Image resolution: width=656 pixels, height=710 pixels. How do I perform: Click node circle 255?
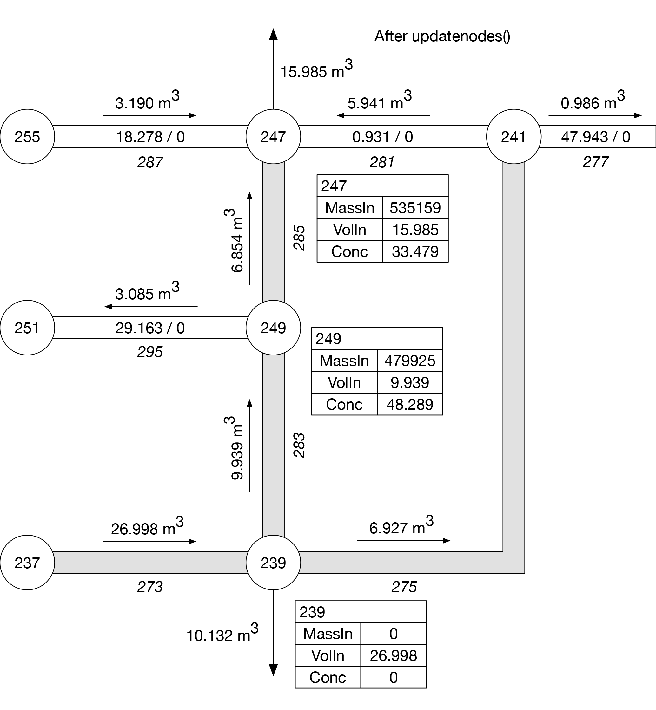(27, 137)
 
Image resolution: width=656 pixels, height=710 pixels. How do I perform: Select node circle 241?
(513, 137)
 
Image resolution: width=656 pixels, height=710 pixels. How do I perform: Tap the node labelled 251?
(27, 328)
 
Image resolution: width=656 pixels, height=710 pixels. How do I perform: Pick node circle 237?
(27, 563)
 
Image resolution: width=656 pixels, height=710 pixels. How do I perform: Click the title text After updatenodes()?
(442, 36)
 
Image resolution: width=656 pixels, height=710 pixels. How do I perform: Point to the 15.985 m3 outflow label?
(316, 70)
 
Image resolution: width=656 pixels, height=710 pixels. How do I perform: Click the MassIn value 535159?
(415, 208)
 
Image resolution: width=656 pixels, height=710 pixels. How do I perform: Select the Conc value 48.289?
(410, 404)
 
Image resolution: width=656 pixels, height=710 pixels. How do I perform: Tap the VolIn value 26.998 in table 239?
(393, 655)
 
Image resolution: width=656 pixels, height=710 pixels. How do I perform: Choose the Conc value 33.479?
(415, 251)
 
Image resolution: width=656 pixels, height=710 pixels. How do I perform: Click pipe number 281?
(381, 162)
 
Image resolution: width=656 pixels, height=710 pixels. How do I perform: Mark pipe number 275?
(404, 587)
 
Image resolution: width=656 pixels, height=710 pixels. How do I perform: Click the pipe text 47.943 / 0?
(595, 137)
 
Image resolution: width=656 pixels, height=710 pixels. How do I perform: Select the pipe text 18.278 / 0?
(150, 137)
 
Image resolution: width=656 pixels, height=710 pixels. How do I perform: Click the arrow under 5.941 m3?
(383, 115)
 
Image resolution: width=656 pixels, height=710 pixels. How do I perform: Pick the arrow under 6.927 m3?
(404, 540)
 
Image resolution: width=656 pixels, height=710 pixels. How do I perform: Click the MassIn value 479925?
(410, 361)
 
